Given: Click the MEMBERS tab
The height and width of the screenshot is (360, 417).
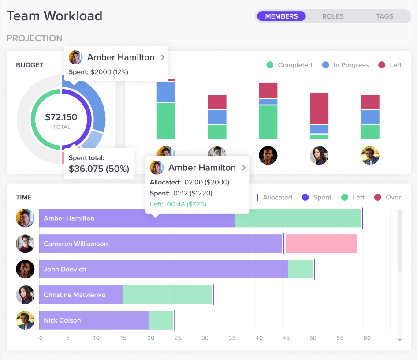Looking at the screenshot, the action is click(281, 16).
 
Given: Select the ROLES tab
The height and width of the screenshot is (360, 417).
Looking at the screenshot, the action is click(333, 16).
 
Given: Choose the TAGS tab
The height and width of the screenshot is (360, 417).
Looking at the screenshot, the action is click(384, 16).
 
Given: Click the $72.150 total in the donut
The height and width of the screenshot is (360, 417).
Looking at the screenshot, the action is click(61, 117).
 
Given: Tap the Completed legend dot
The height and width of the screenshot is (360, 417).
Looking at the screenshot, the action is click(270, 65).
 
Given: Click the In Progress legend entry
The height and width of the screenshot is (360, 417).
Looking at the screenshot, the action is click(345, 65).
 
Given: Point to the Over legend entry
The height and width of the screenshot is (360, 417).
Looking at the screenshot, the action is click(387, 197).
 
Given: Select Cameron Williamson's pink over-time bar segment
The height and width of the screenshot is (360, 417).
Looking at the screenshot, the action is click(321, 244).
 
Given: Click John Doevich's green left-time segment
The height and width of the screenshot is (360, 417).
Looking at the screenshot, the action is click(300, 269).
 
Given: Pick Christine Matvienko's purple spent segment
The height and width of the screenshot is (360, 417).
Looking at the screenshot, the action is click(81, 295).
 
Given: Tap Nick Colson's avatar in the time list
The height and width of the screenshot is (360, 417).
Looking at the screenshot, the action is click(25, 320).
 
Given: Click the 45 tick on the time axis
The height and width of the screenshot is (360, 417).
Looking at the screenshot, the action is click(286, 338).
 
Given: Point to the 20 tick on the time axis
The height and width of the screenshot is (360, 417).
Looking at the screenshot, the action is click(151, 338).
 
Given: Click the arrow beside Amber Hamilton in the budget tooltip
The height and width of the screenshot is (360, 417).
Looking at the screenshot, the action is click(163, 57).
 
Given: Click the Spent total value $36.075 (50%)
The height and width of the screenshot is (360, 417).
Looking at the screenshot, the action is click(99, 169).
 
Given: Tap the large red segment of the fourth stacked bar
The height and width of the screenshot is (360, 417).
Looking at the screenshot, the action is click(319, 108).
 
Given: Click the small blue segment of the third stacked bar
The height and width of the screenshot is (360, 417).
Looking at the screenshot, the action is click(268, 101).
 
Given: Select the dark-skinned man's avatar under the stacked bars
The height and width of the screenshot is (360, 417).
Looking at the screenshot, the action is click(268, 155).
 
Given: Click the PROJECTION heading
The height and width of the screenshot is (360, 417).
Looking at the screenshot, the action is click(34, 38).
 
